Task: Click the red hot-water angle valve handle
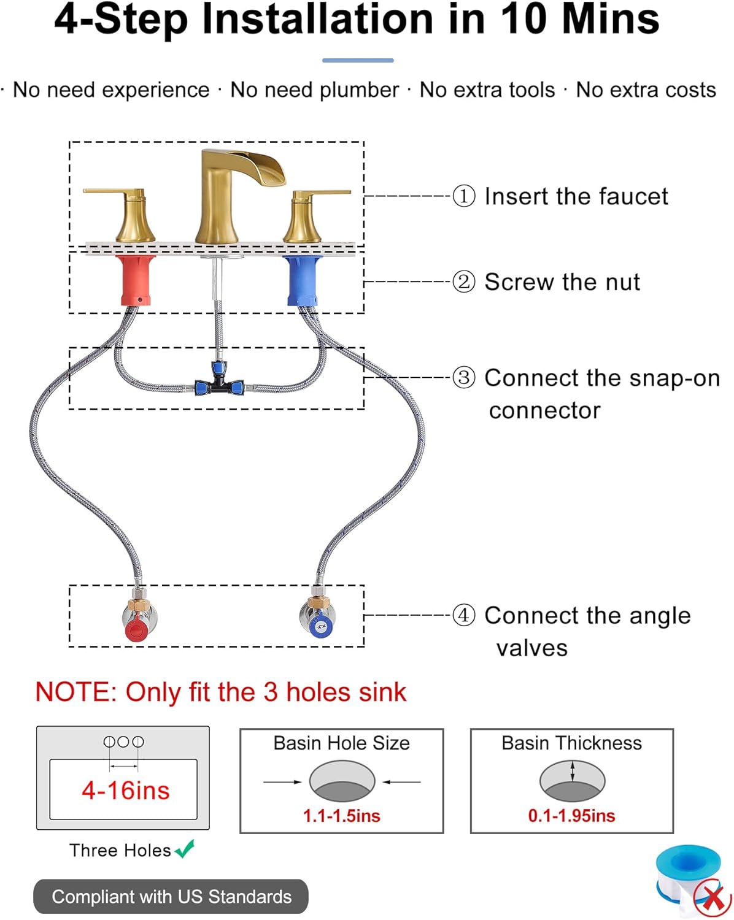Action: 136,629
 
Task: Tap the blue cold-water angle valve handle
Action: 320,626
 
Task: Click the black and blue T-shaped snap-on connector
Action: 218,384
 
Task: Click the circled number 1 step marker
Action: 464,196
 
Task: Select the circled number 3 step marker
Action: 464,377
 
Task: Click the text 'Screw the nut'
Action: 562,282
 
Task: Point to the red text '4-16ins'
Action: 125,790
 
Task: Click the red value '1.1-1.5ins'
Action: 341,816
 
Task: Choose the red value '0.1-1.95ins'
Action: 571,816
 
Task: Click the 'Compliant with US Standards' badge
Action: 171,897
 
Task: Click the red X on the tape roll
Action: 713,899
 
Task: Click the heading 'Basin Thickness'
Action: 571,743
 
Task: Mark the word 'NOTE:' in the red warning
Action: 75,692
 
